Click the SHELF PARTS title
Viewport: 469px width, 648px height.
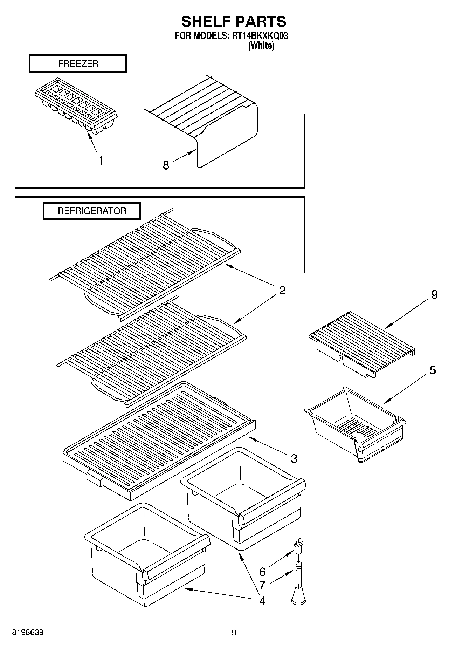coord(234,22)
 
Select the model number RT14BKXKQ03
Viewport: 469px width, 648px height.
coord(260,36)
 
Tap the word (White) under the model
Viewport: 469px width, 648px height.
coord(261,46)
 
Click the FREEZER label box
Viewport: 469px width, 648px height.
coord(78,64)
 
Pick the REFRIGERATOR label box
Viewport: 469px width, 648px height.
coord(92,211)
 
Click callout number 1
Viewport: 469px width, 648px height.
coord(101,161)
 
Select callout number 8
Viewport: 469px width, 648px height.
coord(166,165)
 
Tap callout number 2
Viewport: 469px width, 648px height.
coord(282,290)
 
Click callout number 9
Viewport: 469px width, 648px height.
coord(434,295)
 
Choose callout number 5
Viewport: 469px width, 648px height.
coord(433,370)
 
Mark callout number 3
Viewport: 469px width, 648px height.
coord(294,458)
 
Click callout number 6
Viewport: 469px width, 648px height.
coord(262,572)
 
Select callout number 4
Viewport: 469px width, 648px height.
coord(262,601)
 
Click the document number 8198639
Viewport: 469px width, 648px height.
coord(28,633)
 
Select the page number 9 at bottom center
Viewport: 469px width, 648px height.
coord(234,633)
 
